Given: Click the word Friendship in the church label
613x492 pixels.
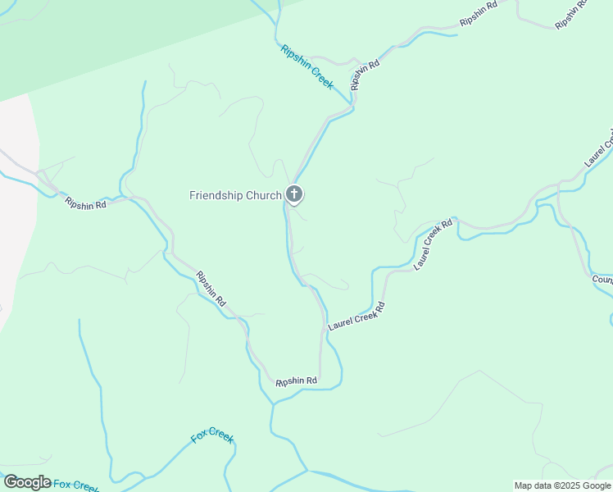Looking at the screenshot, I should pos(218,195).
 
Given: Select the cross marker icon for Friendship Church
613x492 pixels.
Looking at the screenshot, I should pos(294,195).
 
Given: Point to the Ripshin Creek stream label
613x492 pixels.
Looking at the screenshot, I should pos(306,67).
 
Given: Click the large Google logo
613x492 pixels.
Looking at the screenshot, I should pos(27,482).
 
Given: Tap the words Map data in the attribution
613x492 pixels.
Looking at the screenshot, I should pos(534,485).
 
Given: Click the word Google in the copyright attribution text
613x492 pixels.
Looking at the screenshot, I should pos(596,485).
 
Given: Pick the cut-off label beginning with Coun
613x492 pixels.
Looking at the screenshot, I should pos(602,280).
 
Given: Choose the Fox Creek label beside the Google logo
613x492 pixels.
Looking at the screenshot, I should pos(76,485).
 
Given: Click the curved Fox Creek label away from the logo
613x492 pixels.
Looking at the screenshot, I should pos(212,435).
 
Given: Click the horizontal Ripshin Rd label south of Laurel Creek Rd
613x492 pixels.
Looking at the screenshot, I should pos(296,381).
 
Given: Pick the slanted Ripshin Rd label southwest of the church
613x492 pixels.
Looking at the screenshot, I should pos(211,289).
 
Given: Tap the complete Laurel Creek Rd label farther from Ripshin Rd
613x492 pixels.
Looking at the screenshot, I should pos(434,244).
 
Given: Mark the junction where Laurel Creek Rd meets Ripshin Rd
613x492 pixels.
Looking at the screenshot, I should pos(320,331).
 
